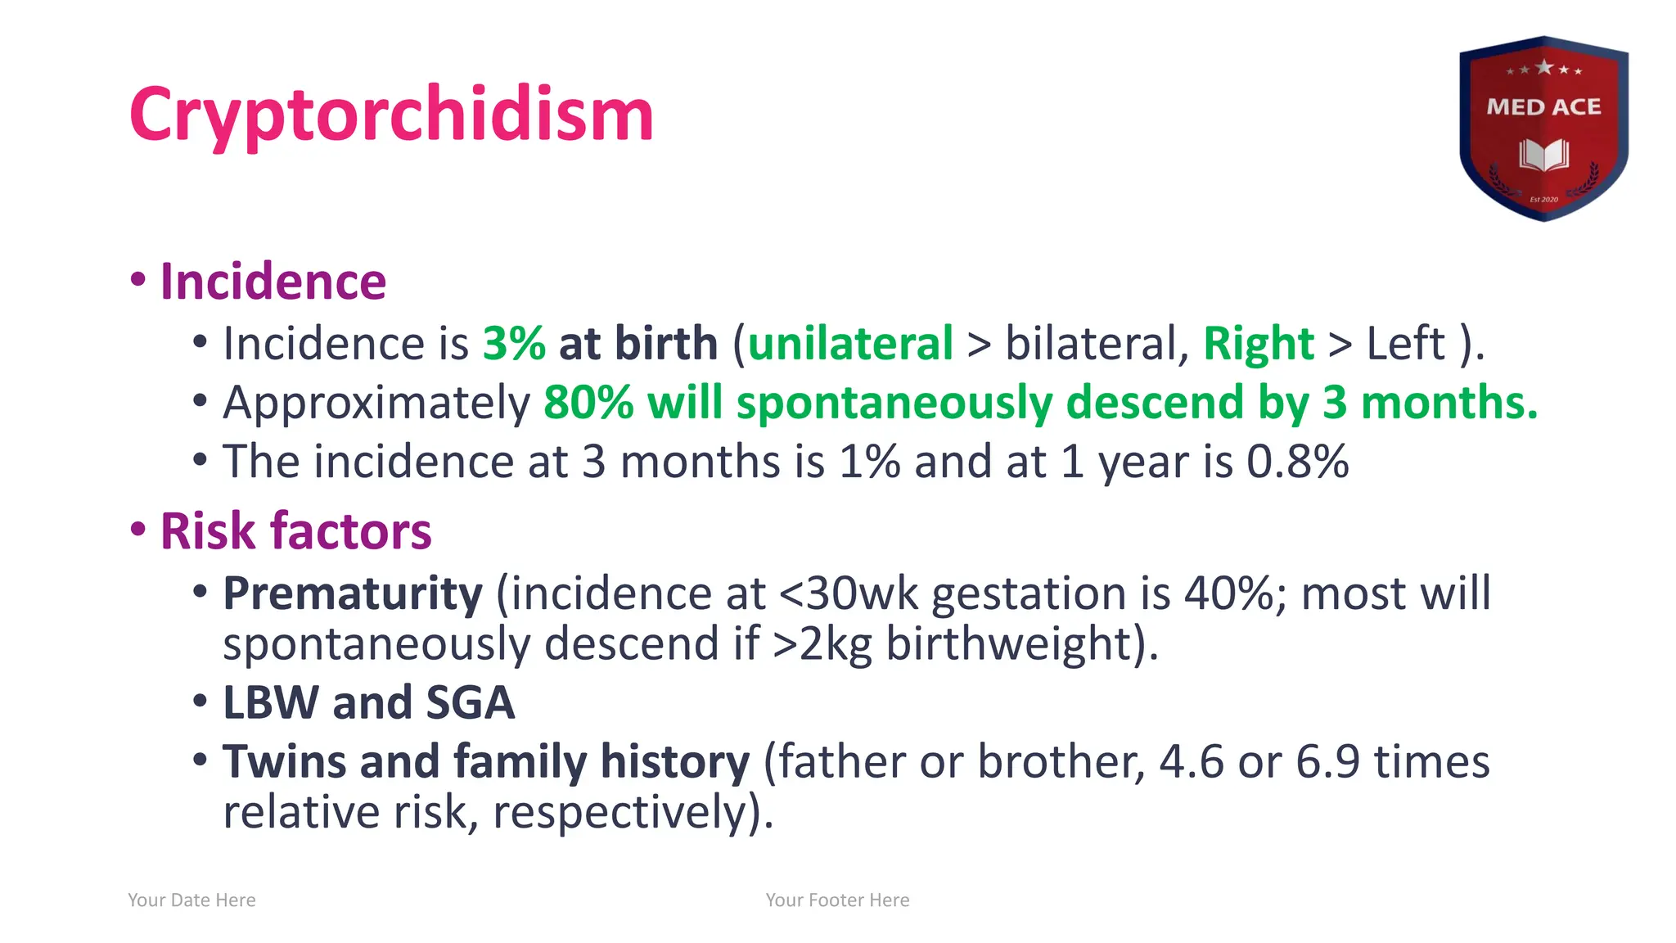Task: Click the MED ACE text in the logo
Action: [x=1543, y=107]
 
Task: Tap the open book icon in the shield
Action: [x=1543, y=154]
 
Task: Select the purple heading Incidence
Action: [x=273, y=282]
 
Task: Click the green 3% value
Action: [x=514, y=343]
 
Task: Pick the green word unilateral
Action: [x=850, y=343]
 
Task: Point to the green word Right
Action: [x=1258, y=343]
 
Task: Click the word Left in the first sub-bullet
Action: [x=1405, y=343]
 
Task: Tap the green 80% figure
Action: [x=588, y=403]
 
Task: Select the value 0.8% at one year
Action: [x=1297, y=462]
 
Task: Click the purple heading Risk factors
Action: [x=295, y=531]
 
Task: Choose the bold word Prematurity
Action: [x=353, y=593]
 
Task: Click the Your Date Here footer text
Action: [x=191, y=900]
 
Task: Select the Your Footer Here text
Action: [x=837, y=900]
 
